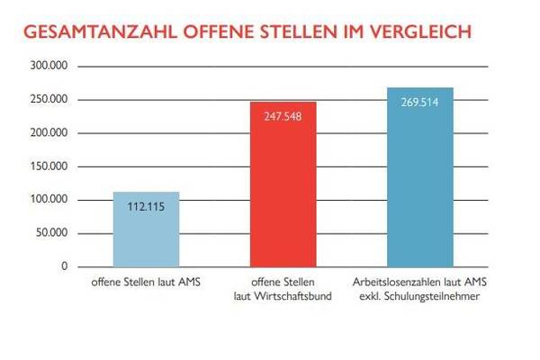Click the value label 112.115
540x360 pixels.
click(146, 206)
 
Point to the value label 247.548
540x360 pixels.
click(283, 116)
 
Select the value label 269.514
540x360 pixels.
click(420, 102)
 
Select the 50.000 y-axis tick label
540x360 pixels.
click(53, 233)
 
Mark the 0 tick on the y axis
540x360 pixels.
click(65, 266)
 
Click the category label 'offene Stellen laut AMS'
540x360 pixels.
click(146, 283)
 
